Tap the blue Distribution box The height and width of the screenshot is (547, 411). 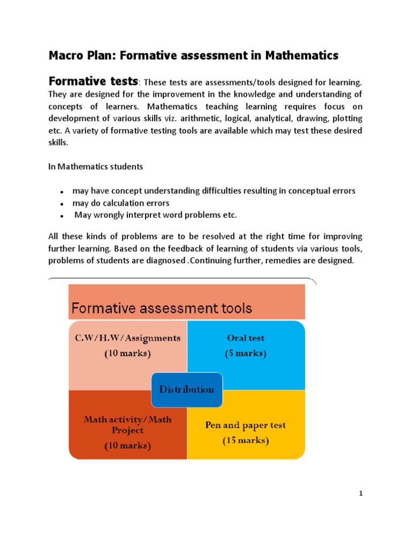coord(186,389)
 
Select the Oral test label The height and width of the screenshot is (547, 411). coord(245,338)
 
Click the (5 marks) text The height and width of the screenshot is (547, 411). coord(246,353)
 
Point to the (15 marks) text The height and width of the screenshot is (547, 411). coord(246,441)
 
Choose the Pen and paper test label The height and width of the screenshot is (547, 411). coord(246,426)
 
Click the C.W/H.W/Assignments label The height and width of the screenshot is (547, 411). coord(127,338)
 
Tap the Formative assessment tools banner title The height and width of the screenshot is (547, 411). coord(162,308)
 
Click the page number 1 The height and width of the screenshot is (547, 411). coord(361,494)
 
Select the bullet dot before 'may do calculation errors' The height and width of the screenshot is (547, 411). coord(62,204)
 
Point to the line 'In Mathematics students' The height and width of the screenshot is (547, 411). coord(96,167)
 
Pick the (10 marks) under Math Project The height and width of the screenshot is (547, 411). coord(127,446)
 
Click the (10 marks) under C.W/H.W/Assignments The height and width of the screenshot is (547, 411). coord(127,353)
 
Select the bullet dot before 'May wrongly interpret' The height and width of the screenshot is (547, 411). coord(62,216)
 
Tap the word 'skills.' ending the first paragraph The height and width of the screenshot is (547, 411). coord(58,143)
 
